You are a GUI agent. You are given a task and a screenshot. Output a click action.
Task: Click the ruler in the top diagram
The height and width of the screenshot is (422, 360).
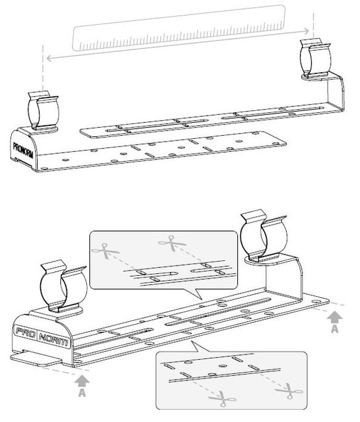178,28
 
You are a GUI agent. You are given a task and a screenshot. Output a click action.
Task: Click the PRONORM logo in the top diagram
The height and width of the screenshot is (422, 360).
23,151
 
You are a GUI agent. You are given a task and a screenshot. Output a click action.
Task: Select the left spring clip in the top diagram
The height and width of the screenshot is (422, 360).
43,110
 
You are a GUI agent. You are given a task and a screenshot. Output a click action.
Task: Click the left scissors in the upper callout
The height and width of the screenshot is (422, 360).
105,251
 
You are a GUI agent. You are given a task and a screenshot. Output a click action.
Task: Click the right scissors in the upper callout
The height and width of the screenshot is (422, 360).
172,243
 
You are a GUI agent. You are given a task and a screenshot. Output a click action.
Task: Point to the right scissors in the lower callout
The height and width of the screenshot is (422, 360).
289,390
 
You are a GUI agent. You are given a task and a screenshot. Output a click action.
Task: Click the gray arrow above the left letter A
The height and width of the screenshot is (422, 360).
82,381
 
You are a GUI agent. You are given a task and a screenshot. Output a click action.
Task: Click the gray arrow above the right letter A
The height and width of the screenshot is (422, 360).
335,317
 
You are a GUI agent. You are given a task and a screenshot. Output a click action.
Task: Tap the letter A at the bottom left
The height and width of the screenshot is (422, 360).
82,393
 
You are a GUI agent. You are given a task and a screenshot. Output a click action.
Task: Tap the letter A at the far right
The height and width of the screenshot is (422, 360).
335,329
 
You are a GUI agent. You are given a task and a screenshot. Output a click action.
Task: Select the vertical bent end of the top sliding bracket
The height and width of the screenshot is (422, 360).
336,92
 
